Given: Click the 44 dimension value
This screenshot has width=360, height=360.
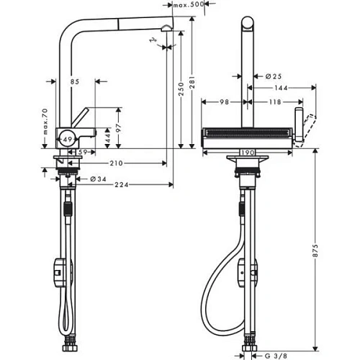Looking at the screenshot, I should pos(107,135).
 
